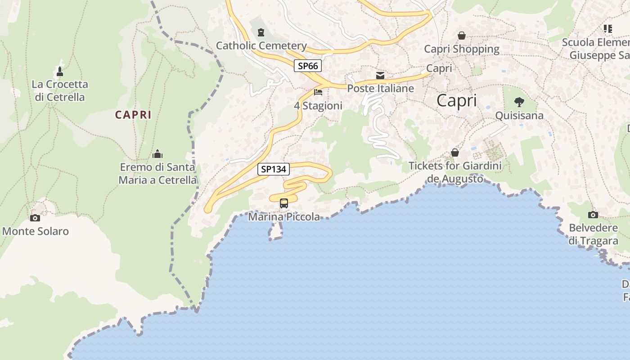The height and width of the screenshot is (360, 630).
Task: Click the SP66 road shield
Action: tap(308, 66)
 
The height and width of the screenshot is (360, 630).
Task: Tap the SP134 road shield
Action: tap(274, 169)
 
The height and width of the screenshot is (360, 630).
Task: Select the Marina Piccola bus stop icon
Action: tap(283, 203)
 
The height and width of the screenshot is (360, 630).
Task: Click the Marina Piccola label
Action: tap(284, 217)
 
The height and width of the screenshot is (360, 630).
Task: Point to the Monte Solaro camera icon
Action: tap(35, 218)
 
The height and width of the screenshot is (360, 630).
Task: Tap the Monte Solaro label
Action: tap(36, 231)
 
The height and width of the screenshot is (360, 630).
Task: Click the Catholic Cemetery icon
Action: tap(261, 32)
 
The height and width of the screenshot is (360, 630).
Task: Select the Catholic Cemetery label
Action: tap(261, 45)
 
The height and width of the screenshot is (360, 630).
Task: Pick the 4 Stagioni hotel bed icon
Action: tap(318, 92)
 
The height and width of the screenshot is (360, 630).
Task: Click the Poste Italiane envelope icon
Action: tap(380, 75)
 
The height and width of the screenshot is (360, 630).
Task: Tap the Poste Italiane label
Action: tap(380, 88)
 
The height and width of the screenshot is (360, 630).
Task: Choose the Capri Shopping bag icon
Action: tap(462, 36)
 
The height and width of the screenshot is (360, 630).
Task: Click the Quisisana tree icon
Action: tap(519, 102)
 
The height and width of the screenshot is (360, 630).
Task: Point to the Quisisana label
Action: tap(519, 116)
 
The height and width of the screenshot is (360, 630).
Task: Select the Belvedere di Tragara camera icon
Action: tap(593, 215)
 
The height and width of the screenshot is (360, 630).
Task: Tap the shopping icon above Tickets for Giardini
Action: tap(455, 153)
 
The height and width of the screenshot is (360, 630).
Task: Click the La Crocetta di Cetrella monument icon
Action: tap(60, 71)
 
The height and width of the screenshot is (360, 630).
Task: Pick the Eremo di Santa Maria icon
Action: tap(157, 154)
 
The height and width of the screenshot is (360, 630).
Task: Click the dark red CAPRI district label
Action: tap(133, 115)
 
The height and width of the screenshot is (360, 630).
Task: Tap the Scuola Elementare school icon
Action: tap(608, 29)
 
